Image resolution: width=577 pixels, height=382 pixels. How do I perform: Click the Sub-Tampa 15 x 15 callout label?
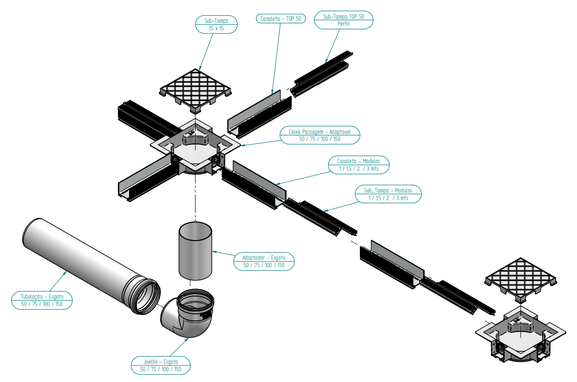tap(216, 24)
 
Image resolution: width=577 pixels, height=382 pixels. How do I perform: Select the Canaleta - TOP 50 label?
tap(280, 19)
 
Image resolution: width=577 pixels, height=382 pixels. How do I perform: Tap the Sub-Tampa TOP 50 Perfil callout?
tap(344, 20)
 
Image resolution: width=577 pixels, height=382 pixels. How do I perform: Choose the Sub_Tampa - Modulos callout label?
tap(388, 195)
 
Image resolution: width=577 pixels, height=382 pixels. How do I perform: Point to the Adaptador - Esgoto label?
tap(264, 261)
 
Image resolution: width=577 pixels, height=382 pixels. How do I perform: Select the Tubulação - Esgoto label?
tap(42, 300)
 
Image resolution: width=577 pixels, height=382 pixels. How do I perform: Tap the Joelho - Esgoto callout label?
tap(160, 365)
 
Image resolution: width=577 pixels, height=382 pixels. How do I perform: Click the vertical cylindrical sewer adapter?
tap(195, 251)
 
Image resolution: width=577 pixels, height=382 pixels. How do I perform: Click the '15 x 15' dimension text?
tap(216, 29)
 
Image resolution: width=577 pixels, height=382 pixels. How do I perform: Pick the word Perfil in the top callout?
tap(344, 24)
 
